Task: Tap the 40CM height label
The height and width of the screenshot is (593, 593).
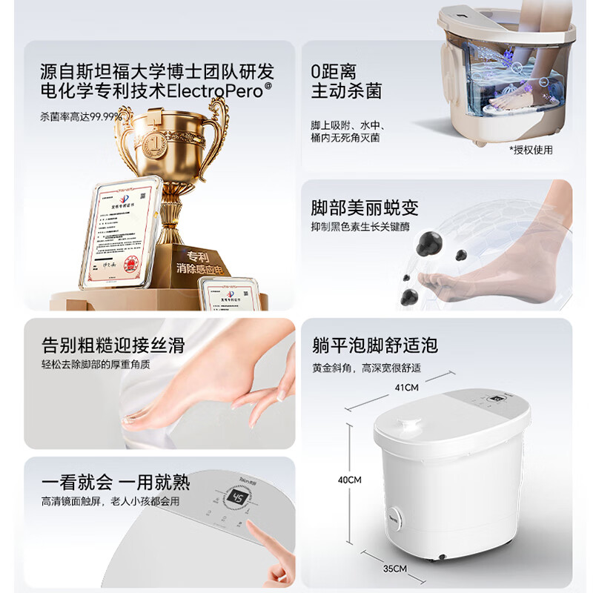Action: coord(349,480)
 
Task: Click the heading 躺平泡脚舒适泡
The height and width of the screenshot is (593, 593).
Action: coord(374,345)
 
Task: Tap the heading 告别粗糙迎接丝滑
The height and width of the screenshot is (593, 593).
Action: coord(113,345)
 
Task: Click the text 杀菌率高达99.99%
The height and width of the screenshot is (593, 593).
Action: coord(81,116)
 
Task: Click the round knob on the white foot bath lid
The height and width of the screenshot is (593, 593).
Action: coord(405,427)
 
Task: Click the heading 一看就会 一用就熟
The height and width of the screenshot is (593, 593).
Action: coord(116,482)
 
